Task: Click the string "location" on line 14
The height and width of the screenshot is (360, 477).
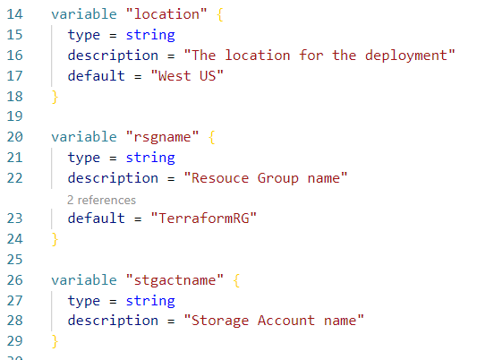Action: [166, 14]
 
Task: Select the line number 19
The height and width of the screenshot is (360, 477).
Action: [14, 116]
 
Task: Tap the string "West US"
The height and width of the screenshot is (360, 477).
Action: [187, 76]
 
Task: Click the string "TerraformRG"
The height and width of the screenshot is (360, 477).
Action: [203, 219]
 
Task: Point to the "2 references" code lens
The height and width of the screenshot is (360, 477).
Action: [101, 200]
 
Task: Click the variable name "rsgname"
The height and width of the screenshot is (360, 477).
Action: [163, 137]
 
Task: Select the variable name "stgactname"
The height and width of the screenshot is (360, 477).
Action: [175, 280]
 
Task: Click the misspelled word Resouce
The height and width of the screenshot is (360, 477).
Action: [220, 178]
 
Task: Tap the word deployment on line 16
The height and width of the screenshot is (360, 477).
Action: [406, 56]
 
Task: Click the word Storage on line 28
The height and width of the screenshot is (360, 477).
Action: [220, 321]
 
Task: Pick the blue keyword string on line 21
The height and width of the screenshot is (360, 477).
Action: [150, 158]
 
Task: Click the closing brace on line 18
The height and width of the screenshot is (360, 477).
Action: [55, 97]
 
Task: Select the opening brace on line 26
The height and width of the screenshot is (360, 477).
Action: [236, 280]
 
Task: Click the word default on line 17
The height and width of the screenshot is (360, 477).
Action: [96, 76]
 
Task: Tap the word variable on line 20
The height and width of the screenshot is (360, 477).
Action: [84, 137]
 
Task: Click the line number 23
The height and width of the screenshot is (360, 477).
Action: [14, 219]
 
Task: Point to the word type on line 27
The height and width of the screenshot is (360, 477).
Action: [84, 301]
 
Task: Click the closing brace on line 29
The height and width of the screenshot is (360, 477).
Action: [55, 341]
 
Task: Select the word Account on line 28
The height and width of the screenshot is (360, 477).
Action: [286, 321]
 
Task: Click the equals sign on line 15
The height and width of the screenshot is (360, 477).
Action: [113, 35]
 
